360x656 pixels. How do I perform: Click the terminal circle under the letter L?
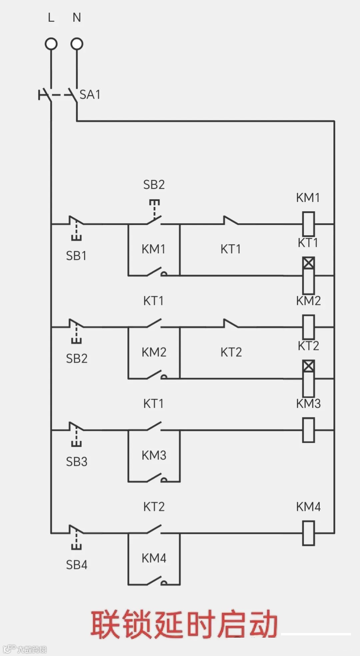(51, 44)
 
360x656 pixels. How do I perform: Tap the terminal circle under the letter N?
(77, 44)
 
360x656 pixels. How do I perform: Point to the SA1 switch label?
(90, 95)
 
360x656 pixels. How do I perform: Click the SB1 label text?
(76, 256)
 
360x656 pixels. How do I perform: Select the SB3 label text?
(77, 462)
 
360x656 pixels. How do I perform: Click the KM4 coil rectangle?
(308, 533)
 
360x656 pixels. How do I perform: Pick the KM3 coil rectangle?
(308, 430)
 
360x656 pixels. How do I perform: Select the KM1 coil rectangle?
(308, 224)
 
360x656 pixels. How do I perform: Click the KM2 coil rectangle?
(308, 327)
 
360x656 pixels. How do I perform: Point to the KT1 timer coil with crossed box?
(308, 275)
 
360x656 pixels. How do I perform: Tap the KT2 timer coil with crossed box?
(308, 378)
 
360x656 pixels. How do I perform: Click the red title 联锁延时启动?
(184, 625)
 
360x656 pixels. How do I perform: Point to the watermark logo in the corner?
(9, 649)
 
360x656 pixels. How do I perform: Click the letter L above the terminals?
(51, 17)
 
